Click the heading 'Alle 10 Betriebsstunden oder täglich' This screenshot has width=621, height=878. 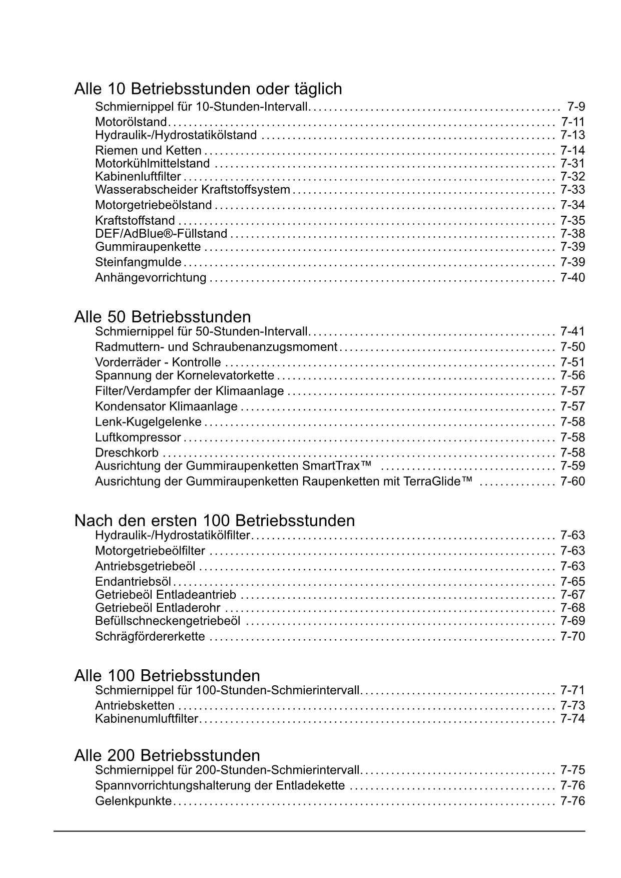coord(208,89)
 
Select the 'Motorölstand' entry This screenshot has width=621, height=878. coord(131,122)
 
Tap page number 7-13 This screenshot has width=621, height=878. coord(572,135)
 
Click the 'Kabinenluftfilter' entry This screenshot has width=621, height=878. coord(138,176)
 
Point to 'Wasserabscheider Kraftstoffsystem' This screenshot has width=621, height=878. coord(192,190)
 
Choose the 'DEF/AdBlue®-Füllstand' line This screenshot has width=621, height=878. coord(161,234)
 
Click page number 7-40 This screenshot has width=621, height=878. coord(572,278)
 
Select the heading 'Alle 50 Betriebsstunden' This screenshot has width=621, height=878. coord(163,317)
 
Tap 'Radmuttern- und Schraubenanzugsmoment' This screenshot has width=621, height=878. coord(216,347)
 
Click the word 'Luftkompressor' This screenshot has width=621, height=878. coord(138,437)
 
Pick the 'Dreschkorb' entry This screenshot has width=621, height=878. coord(127,453)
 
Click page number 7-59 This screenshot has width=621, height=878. coord(572,466)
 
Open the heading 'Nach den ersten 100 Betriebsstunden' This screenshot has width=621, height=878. coord(215,521)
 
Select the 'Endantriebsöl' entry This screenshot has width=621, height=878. coord(133,582)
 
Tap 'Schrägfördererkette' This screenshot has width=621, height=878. coord(150,637)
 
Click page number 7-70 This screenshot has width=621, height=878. coord(572,637)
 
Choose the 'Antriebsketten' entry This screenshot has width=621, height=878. coord(135,706)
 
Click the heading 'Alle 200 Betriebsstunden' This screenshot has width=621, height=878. coord(167,755)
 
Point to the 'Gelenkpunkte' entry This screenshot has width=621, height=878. coord(133,801)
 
